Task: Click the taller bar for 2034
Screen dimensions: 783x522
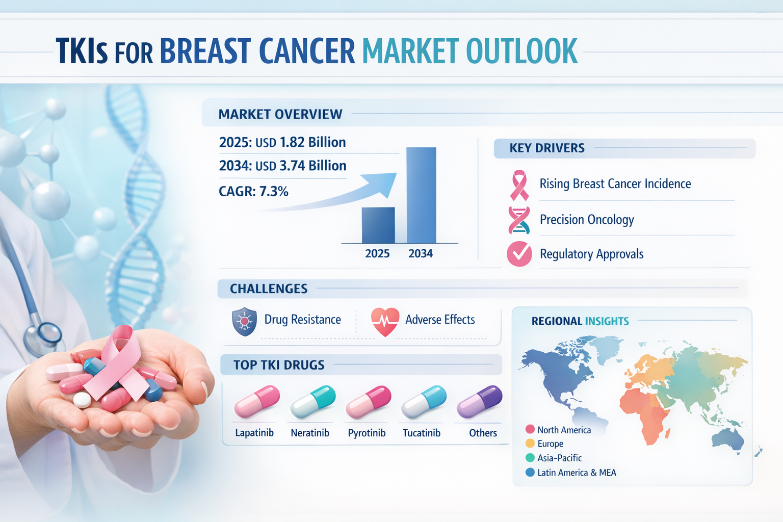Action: point(421,195)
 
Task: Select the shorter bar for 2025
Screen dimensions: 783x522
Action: point(378,225)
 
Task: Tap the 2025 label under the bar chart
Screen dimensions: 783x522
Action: point(377,253)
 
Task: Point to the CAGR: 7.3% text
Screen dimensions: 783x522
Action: point(253,191)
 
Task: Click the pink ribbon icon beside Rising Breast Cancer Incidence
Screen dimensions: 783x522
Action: point(519,185)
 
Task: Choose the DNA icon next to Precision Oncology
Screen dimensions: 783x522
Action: point(519,220)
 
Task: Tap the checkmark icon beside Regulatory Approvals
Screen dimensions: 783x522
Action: point(519,254)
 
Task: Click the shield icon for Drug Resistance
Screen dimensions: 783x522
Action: point(244,321)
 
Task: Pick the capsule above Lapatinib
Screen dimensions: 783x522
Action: point(257,402)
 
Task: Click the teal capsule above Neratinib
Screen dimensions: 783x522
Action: point(313,402)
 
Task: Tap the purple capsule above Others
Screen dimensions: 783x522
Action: point(480,402)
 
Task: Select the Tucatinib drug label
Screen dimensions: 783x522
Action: point(422,433)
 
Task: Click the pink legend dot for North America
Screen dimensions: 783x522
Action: point(530,429)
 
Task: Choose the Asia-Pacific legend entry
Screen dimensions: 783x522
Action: point(554,458)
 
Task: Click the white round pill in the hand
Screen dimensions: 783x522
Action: point(82,400)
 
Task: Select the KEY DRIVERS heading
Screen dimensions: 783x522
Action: point(546,148)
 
